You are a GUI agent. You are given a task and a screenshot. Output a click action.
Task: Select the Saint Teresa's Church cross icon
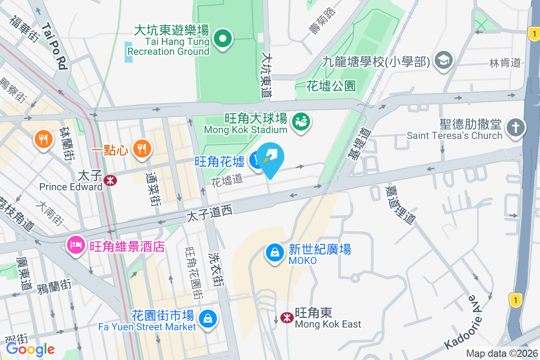point(515,127)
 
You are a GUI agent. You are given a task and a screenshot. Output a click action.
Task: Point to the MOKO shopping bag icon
point(274,253)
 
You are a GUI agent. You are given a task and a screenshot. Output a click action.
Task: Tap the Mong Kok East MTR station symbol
point(287,318)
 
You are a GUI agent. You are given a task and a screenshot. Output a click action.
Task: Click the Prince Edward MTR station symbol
point(110,180)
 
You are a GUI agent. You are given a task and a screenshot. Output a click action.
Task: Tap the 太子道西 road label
point(209,215)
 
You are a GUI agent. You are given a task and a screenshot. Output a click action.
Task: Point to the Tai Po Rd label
point(54,46)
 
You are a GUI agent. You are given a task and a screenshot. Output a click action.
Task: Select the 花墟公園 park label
point(331,85)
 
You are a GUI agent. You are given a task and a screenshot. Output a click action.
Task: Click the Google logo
point(31,349)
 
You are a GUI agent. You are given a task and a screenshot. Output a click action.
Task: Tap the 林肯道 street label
point(505,63)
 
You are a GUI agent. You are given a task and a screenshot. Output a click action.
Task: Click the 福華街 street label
point(25,28)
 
